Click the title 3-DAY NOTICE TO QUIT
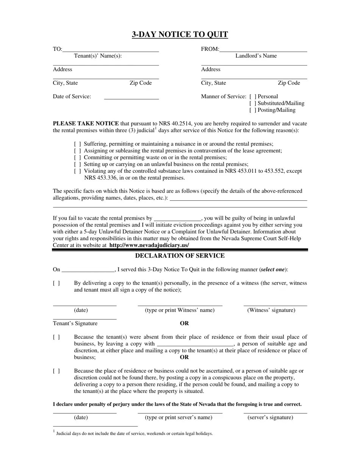(x=180, y=34)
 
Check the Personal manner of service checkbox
(x=253, y=97)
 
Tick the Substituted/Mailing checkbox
(x=253, y=103)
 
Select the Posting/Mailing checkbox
(x=253, y=110)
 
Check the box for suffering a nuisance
(x=77, y=144)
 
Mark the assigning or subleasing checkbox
(x=77, y=151)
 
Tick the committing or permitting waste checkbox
(x=77, y=158)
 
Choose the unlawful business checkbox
(x=77, y=164)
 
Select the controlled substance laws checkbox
(x=77, y=171)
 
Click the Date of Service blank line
(x=131, y=98)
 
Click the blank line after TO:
(x=111, y=50)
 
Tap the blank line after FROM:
(x=263, y=50)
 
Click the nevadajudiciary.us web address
(x=149, y=246)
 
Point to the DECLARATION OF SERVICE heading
(x=180, y=256)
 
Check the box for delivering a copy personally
(x=56, y=283)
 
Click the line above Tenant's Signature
(x=85, y=319)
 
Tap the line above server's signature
(x=275, y=412)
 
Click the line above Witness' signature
(x=275, y=305)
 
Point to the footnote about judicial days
(x=134, y=433)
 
